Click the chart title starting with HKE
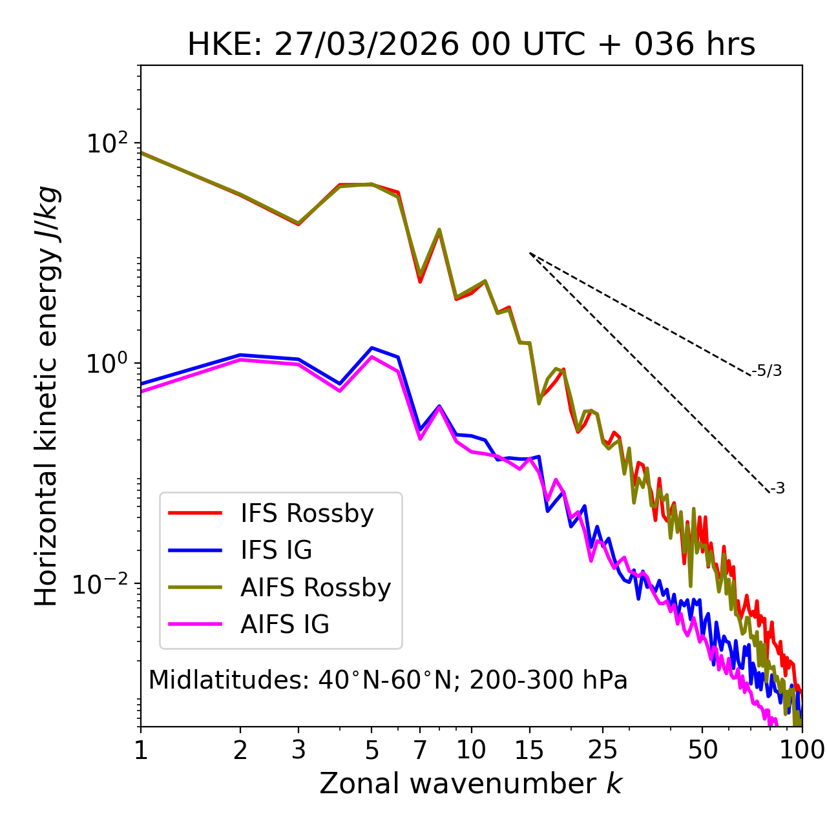tap(471, 45)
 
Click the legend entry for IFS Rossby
tap(307, 514)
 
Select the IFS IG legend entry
tap(276, 550)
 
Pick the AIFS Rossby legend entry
tap(315, 588)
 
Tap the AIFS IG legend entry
tap(285, 625)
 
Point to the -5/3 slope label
tap(767, 371)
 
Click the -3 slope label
tap(777, 489)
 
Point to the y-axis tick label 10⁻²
tap(103, 583)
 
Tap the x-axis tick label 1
tap(141, 749)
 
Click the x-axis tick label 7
tap(420, 749)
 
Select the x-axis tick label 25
tap(603, 749)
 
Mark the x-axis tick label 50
tap(702, 749)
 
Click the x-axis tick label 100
tap(802, 749)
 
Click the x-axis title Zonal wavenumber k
tap(471, 784)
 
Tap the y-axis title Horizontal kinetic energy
tap(47, 396)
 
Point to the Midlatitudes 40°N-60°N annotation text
tap(388, 680)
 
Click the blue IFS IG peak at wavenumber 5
tap(372, 348)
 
